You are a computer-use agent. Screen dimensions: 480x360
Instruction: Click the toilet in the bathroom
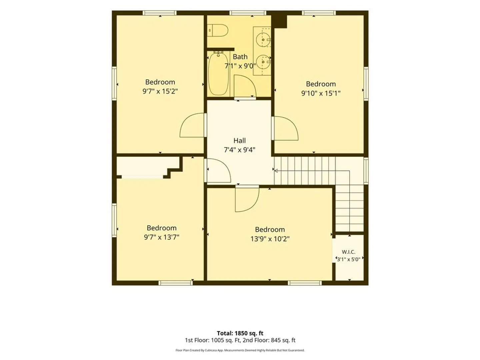point(218,30)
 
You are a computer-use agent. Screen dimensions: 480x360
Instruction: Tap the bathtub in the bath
point(218,73)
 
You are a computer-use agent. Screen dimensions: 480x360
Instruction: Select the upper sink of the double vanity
point(263,40)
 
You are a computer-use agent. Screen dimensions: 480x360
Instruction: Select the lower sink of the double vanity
point(263,62)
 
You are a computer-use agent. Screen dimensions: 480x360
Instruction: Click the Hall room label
point(239,141)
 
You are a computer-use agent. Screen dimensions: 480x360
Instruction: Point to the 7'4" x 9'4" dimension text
point(239,150)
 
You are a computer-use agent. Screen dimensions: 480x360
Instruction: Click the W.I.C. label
point(349,252)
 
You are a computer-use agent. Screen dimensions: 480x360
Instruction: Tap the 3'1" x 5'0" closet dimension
point(349,259)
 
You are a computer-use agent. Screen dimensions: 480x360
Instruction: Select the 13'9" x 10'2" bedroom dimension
point(270,239)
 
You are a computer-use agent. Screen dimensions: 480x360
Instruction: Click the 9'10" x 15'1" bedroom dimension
point(321,93)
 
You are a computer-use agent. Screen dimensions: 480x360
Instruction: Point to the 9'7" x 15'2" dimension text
point(160,91)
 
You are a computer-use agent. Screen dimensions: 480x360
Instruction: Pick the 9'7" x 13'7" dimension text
point(162,237)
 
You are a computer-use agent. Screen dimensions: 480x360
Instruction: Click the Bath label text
point(240,57)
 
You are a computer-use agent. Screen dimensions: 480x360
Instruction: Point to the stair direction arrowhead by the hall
point(276,171)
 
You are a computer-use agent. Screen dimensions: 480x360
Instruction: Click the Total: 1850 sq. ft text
point(240,333)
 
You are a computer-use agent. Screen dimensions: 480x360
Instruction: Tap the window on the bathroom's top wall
point(248,13)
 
